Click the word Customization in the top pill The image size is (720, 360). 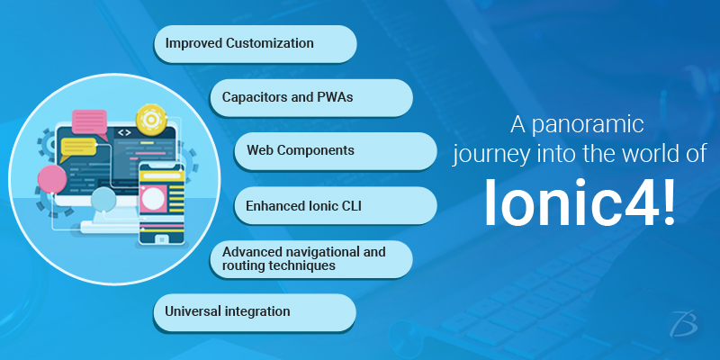tap(270, 43)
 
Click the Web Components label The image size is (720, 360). tap(301, 150)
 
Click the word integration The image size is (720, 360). tap(257, 311)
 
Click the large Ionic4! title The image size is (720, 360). tap(580, 203)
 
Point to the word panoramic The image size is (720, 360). tap(588, 125)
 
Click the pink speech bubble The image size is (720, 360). tap(90, 122)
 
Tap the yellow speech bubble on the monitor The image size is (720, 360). tap(78, 148)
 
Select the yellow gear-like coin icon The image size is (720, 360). tap(151, 119)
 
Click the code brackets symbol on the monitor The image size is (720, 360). tap(124, 133)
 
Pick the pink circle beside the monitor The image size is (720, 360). tap(52, 179)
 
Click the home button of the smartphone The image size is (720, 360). tap(161, 239)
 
